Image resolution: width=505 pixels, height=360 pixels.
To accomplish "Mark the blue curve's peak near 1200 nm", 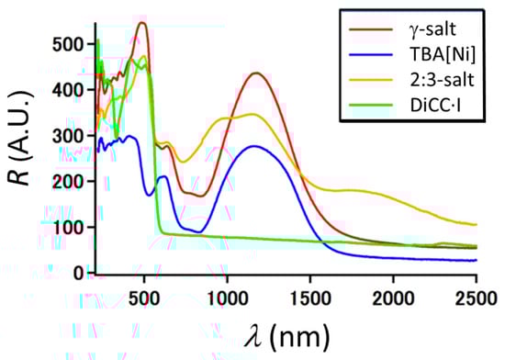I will (x=255, y=146).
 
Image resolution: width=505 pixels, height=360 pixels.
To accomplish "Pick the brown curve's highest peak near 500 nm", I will (x=141, y=23).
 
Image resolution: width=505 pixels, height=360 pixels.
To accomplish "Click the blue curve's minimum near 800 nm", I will (x=195, y=231).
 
